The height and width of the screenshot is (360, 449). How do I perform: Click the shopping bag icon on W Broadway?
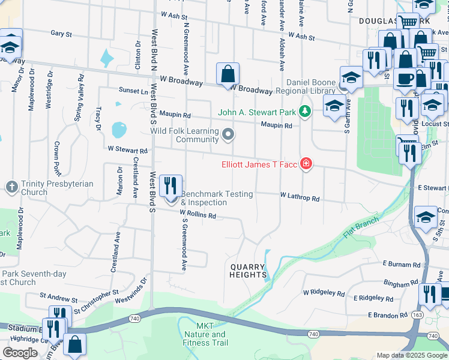click(228, 74)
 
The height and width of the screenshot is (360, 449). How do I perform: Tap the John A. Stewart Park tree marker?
click(306, 111)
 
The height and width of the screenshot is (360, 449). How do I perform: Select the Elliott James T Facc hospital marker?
click(306, 164)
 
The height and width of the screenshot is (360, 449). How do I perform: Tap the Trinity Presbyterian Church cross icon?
click(11, 187)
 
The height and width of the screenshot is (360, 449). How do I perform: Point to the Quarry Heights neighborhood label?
click(248, 271)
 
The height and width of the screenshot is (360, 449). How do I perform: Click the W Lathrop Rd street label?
click(299, 197)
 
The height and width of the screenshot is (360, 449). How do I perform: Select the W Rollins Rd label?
click(197, 214)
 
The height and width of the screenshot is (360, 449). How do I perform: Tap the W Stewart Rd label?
click(127, 150)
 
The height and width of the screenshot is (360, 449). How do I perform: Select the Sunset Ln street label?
click(133, 91)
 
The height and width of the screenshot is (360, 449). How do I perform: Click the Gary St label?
click(61, 34)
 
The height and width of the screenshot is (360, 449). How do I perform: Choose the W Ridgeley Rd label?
click(324, 293)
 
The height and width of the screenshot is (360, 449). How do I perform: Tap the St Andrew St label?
click(59, 296)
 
